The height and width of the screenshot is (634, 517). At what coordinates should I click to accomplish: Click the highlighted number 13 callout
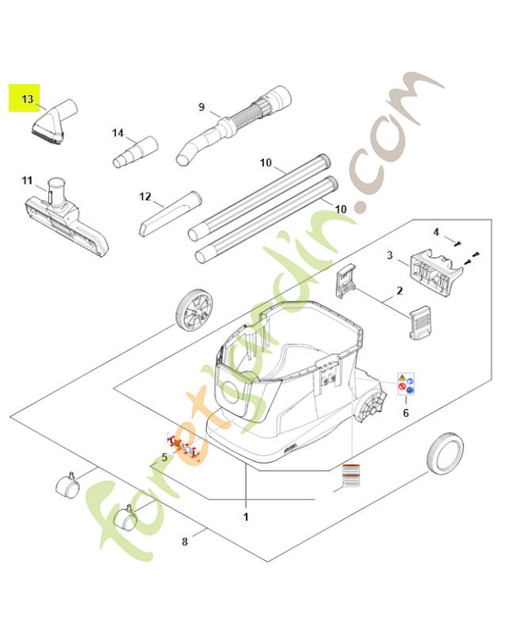(28, 99)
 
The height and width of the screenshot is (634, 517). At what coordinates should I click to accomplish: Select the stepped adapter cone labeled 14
(136, 151)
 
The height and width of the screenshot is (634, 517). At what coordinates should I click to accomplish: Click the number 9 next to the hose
(201, 107)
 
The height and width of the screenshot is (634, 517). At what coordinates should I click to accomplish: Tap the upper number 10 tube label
(266, 163)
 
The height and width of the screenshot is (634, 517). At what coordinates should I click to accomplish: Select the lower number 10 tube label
(340, 208)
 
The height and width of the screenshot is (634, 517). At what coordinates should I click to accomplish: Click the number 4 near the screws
(435, 231)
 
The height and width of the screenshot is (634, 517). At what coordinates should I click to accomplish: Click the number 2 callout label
(400, 292)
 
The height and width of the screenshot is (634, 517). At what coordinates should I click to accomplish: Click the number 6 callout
(406, 413)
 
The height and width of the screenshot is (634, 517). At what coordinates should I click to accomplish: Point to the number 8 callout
(185, 542)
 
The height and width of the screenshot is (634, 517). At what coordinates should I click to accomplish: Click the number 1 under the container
(246, 517)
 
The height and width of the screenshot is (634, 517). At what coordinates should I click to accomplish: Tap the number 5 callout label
(164, 457)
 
